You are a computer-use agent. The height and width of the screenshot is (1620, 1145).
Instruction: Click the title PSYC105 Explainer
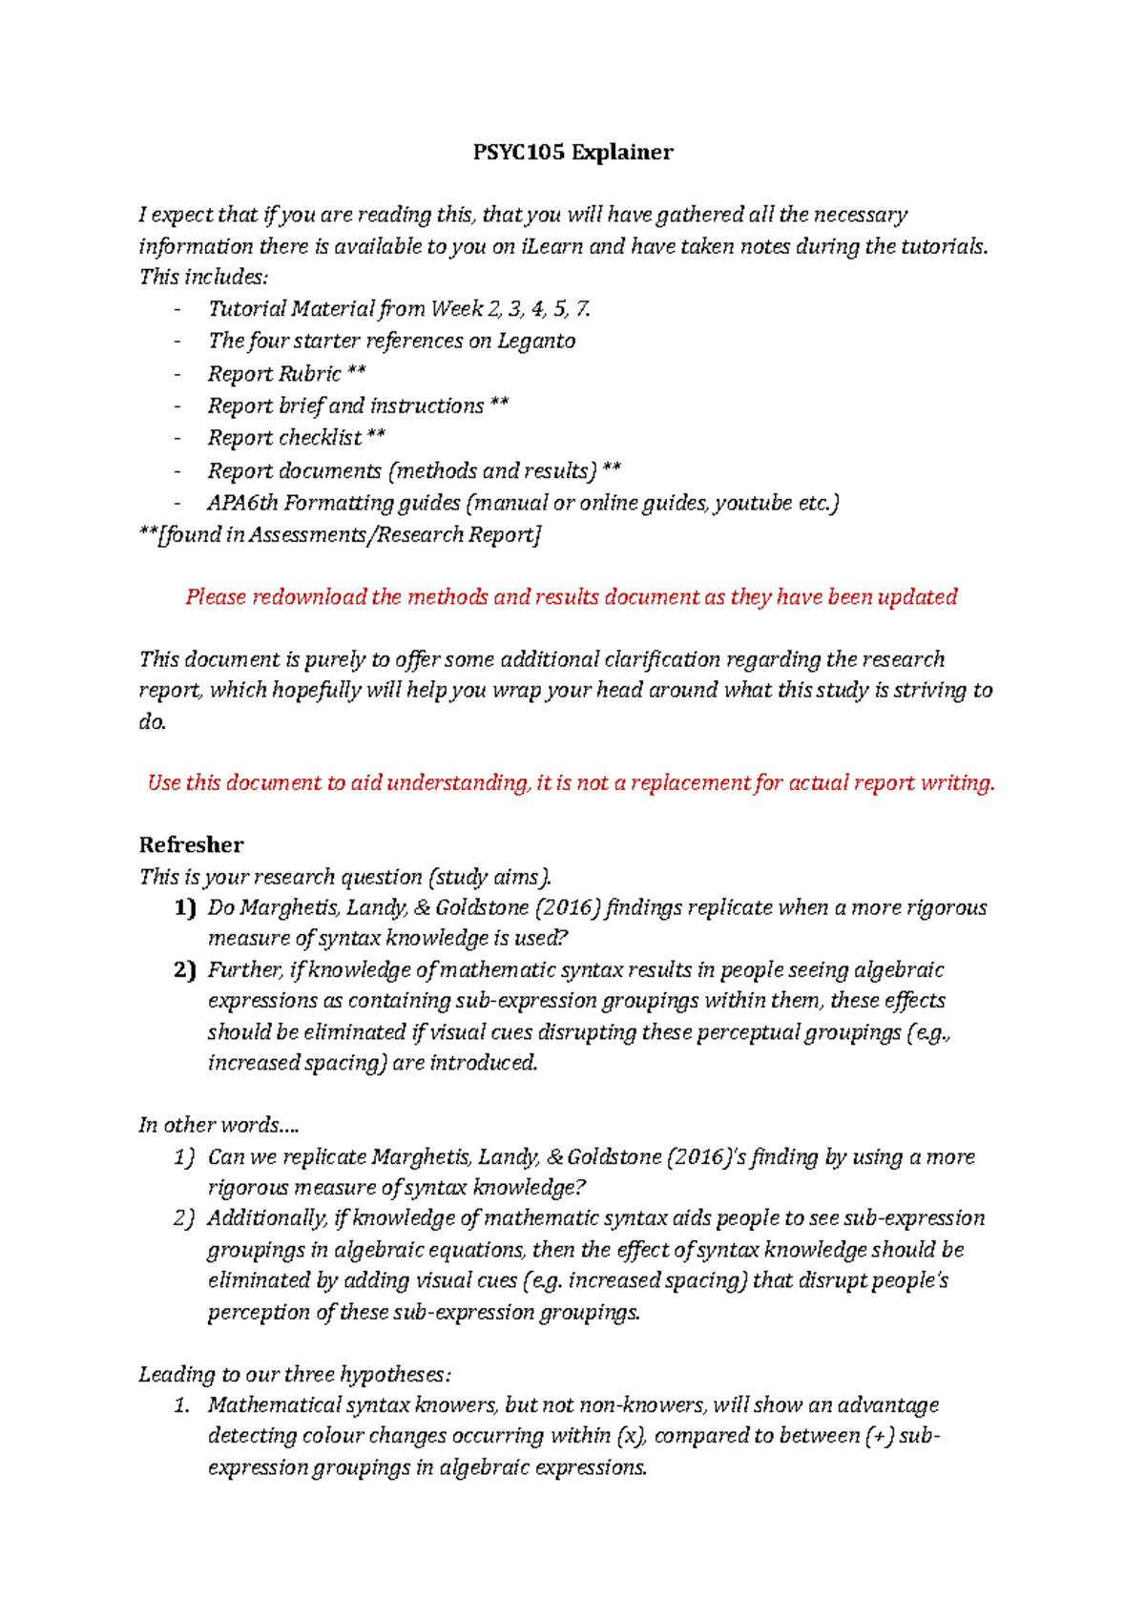point(572,153)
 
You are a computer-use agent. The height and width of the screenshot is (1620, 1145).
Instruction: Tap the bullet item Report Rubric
point(286,373)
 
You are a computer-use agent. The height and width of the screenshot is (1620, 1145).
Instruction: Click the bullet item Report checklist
point(296,438)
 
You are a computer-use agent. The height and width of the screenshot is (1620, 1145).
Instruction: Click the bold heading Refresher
point(191,844)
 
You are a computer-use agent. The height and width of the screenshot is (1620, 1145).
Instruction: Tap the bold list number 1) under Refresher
point(184,907)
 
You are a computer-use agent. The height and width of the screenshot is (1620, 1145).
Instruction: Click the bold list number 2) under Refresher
point(184,970)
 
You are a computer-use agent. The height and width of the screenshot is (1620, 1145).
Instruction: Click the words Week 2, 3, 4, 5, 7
point(511,309)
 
